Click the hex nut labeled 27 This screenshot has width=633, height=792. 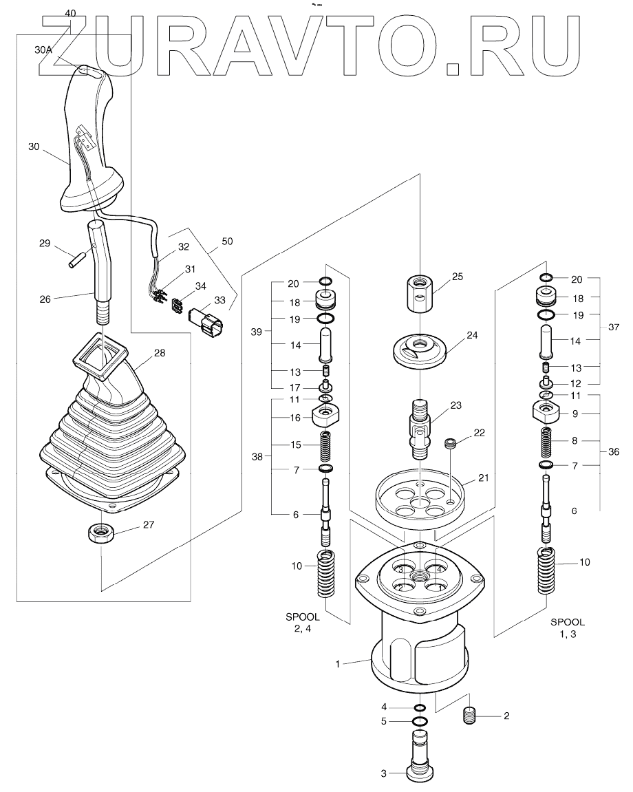(x=100, y=533)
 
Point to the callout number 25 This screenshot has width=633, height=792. (x=457, y=277)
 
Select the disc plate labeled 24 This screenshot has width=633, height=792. (x=420, y=348)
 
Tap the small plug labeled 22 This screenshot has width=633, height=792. (x=450, y=444)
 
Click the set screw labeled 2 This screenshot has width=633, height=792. (x=470, y=716)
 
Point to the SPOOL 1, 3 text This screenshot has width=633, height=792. (x=568, y=628)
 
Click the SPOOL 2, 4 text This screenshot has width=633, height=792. (x=303, y=622)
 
